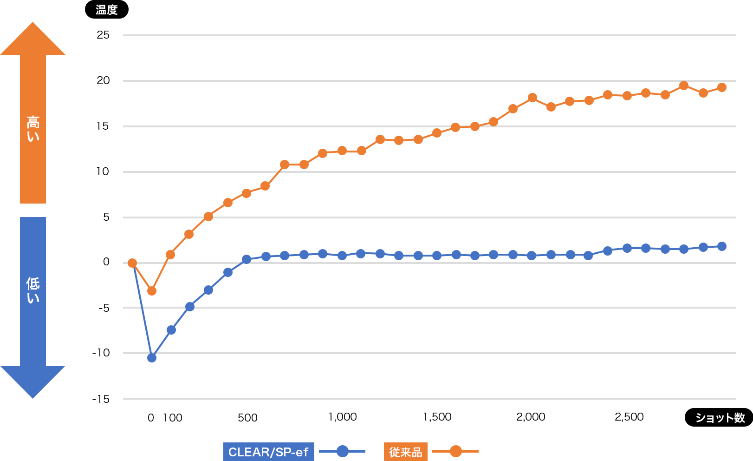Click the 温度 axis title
coord(106,10)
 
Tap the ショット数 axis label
coord(720,418)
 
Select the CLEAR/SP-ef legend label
coord(268,452)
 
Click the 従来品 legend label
coord(405,452)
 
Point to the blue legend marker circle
coord(342,451)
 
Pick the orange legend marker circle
coord(455,451)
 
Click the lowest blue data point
coord(152,357)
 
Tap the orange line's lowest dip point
coord(152,291)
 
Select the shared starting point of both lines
coord(132,263)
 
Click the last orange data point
coord(722,87)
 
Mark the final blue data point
coord(722,246)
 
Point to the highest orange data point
coord(684,86)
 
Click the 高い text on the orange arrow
coord(33,129)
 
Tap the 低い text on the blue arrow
coord(33,290)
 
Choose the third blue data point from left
coord(171,330)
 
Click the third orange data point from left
coord(170,255)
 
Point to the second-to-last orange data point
coord(703,93)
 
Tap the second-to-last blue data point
coord(703,247)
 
